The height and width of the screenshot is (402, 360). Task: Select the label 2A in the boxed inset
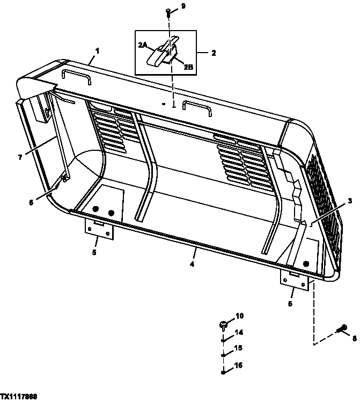[x=143, y=46]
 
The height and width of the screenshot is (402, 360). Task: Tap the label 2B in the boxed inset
[x=189, y=67]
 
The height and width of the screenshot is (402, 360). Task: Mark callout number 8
[x=354, y=338]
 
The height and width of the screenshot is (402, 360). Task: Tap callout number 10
[x=239, y=316]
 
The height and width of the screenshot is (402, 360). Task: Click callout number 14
[x=239, y=333]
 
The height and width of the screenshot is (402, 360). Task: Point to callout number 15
[x=239, y=348]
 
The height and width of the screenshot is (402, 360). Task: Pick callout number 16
[x=239, y=365]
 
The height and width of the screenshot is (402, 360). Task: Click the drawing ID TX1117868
[x=19, y=397]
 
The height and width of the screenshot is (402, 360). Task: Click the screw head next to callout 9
[x=169, y=11]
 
